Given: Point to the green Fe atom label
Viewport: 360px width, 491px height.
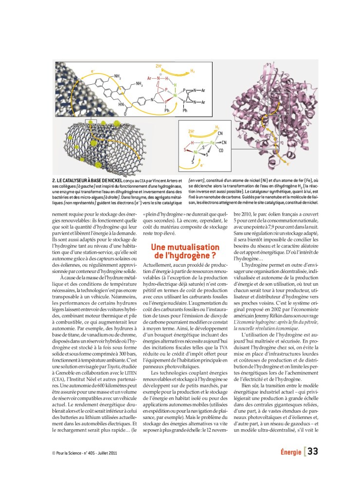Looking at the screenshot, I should [x=212, y=143].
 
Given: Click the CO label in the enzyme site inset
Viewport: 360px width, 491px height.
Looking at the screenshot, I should [x=221, y=151].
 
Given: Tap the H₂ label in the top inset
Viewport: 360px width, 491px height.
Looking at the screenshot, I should [x=193, y=71].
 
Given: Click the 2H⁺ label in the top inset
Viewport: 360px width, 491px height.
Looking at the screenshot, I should [x=159, y=66].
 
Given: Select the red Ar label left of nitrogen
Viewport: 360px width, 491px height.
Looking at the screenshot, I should [x=150, y=78].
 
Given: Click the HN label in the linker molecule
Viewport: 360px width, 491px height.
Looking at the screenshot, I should [x=121, y=104].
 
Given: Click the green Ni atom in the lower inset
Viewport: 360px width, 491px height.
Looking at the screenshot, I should [x=196, y=153].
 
